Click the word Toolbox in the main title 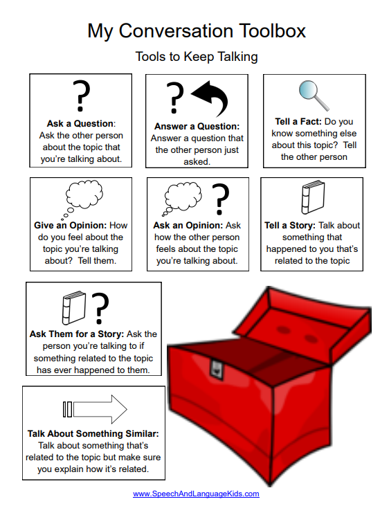coord(272,31)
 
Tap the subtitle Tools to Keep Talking coord(197,57)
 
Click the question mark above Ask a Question coord(82,96)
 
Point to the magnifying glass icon coord(314,96)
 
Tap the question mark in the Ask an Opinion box coord(220,199)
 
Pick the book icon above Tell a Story coord(313,197)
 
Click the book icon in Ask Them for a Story coord(74,307)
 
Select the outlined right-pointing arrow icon coord(95,409)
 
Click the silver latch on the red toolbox coord(216,369)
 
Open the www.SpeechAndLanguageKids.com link coord(196,494)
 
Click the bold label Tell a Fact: coord(298,122)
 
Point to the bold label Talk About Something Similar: coord(93,434)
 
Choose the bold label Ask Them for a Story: coord(77,334)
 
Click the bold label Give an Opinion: coord(71,225)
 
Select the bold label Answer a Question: coord(197,126)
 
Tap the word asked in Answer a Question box coord(196,162)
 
